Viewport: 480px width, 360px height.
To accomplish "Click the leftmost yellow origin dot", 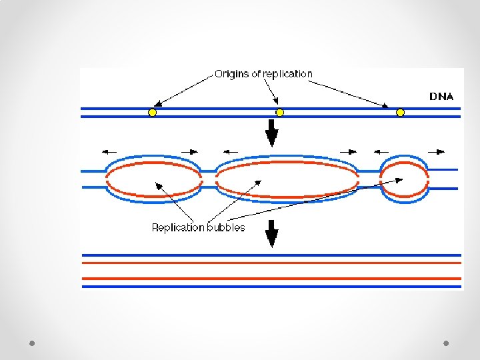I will click(x=152, y=113).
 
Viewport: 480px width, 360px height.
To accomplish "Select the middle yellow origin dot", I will click(x=280, y=113).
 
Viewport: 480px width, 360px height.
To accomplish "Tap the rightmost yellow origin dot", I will click(x=400, y=113).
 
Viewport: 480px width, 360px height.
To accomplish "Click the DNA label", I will click(x=441, y=96).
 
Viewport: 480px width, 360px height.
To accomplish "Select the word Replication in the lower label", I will click(x=178, y=227).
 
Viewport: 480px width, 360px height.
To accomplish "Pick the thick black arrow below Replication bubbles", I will click(x=271, y=233).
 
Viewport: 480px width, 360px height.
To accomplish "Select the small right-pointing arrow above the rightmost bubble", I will click(x=436, y=151).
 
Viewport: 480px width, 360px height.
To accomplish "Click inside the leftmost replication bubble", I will click(x=153, y=179).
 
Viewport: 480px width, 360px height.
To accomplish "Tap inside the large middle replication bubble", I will click(x=287, y=179).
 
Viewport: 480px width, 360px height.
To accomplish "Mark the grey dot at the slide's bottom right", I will click(x=446, y=343).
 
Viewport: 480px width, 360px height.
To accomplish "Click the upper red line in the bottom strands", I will click(x=271, y=263).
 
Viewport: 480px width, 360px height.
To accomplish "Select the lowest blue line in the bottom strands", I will click(x=271, y=287).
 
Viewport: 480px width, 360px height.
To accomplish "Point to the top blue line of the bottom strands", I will click(x=271, y=255).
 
